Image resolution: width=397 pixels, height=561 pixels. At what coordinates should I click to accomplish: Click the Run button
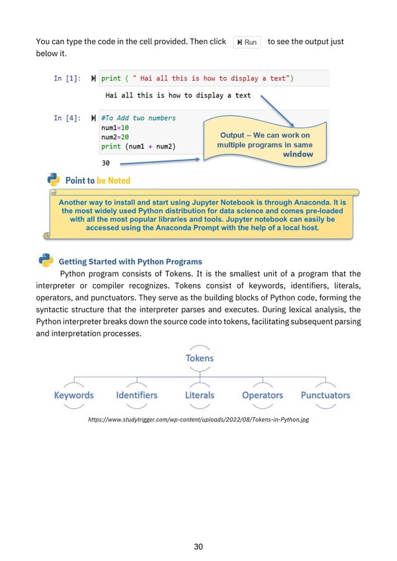tap(247, 42)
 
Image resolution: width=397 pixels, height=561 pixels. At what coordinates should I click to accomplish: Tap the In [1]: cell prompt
tap(67, 78)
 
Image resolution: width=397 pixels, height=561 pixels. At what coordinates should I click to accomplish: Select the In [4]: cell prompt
tap(67, 118)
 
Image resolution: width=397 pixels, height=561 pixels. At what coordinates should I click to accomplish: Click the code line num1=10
tap(115, 127)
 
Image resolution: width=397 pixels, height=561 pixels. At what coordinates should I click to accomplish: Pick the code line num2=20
tap(115, 137)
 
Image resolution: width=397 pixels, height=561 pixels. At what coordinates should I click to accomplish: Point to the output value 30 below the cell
tap(106, 163)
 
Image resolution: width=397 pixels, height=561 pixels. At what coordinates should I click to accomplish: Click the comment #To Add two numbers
tap(138, 118)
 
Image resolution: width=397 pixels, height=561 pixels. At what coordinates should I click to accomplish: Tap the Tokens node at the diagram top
tap(199, 358)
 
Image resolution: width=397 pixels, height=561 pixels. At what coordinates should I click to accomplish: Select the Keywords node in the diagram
tap(73, 395)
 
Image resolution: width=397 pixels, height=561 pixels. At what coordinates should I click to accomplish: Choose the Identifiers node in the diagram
tap(137, 395)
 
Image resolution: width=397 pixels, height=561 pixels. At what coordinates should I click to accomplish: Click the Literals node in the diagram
tap(199, 395)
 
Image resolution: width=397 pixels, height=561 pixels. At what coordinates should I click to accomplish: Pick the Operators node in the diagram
tap(262, 395)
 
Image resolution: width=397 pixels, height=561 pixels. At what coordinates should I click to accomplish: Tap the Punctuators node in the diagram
tap(325, 395)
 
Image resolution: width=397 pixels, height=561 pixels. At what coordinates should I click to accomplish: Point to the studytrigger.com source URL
tap(198, 420)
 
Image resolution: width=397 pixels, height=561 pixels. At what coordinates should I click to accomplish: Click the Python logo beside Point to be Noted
tap(54, 180)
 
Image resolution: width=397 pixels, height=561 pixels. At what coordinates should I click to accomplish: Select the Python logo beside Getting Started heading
tap(45, 260)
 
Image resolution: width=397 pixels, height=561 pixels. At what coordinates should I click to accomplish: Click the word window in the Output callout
tap(298, 154)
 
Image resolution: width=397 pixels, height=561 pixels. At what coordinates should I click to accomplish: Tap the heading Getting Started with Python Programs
tap(130, 261)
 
